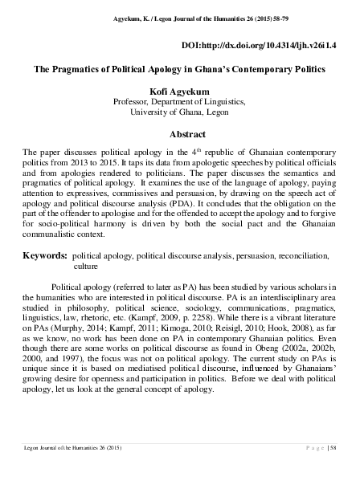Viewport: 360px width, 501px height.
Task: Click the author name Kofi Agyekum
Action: point(179,92)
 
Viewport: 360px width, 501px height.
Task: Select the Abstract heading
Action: point(179,133)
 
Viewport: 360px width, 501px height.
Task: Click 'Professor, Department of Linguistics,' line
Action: point(179,103)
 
